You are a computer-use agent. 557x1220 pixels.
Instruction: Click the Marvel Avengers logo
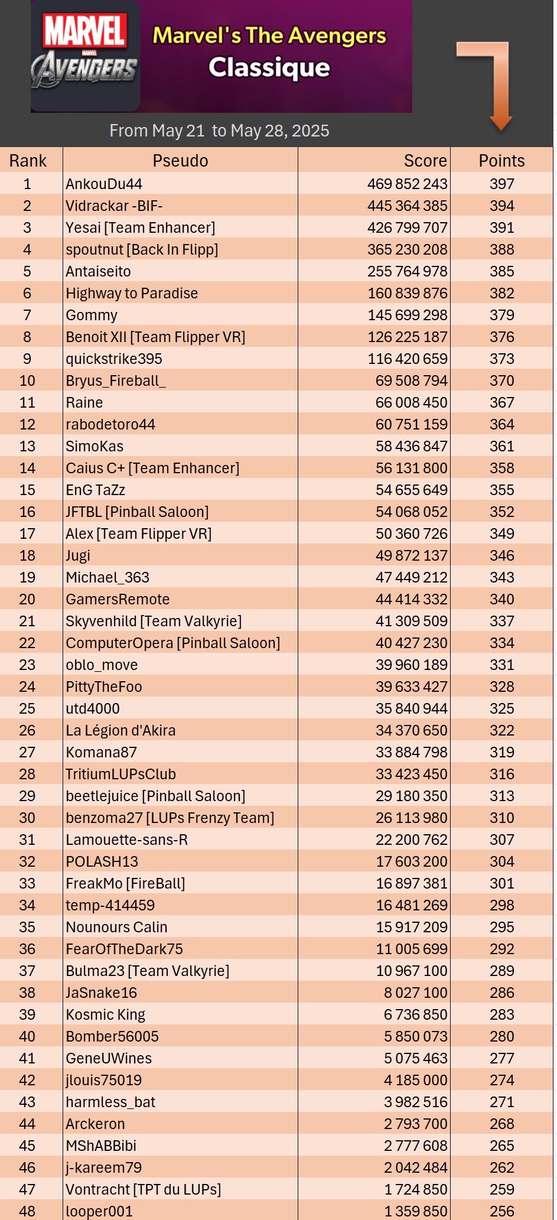tap(85, 56)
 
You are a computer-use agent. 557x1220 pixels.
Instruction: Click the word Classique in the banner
tap(269, 68)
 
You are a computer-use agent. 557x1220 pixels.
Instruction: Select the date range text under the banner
tap(219, 131)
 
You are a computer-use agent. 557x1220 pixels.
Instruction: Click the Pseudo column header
tap(180, 161)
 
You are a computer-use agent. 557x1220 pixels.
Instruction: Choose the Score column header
tap(425, 161)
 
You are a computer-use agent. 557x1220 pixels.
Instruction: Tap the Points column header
tap(501, 161)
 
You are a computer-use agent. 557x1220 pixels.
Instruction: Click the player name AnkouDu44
tap(104, 184)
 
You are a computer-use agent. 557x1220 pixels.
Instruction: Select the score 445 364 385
tap(407, 206)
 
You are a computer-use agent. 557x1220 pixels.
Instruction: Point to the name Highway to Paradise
tap(132, 293)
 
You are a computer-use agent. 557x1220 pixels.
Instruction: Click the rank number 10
tap(27, 380)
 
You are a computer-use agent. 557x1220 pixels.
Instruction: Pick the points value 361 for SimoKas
tap(501, 446)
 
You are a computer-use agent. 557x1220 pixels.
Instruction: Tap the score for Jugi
tap(411, 555)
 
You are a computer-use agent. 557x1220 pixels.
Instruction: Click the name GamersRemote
tap(118, 599)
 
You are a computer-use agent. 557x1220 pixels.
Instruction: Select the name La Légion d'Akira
tap(120, 730)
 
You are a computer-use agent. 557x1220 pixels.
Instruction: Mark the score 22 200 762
tap(411, 840)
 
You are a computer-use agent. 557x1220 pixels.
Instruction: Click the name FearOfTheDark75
tap(124, 949)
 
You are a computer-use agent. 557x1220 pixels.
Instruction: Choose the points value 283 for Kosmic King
tap(501, 1014)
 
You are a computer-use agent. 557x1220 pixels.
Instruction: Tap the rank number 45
tap(27, 1146)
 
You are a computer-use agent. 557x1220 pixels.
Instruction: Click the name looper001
tap(99, 1211)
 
